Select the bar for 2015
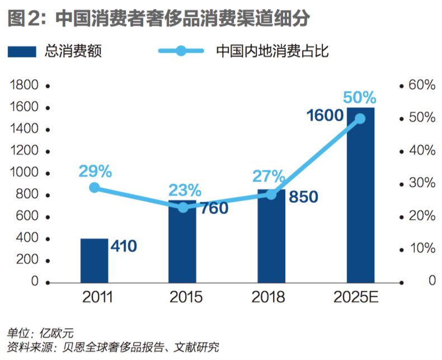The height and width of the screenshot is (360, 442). [182, 241]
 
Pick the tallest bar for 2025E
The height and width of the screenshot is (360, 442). [360, 196]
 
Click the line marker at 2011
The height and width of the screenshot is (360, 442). [94, 188]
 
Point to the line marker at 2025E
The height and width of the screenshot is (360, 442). [360, 119]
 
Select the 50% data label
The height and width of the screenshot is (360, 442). [359, 98]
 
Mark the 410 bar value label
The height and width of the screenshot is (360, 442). [124, 246]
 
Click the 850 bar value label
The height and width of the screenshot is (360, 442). [303, 197]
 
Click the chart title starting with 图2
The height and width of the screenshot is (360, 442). [159, 18]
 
